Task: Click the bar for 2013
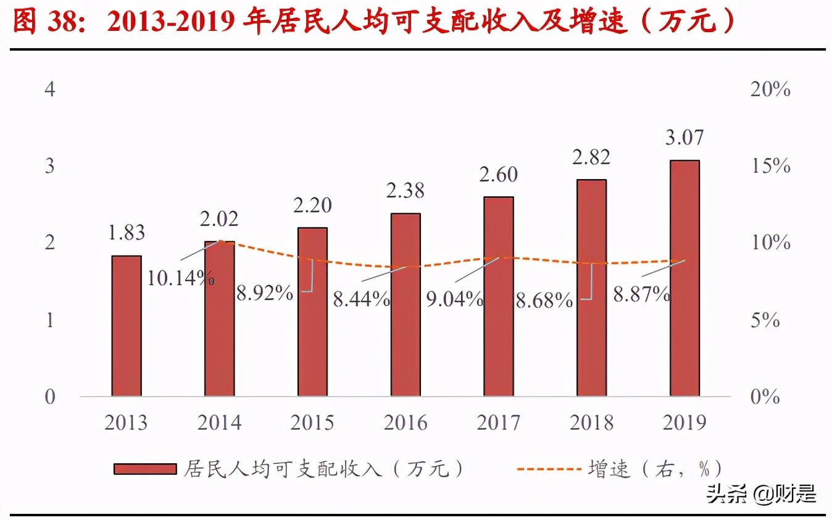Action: pos(127,325)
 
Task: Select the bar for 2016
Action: pos(406,304)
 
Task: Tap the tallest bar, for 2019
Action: pos(684,278)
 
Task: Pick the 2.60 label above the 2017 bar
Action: pos(499,175)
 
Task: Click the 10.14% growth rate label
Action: pos(180,278)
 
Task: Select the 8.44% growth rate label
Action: pos(361,300)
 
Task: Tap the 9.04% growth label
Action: pos(454,300)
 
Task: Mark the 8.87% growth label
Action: pos(641,295)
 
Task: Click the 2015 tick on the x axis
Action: pos(312,423)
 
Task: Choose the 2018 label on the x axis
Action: pos(591,423)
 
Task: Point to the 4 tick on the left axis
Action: pos(50,90)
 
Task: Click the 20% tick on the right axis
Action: pos(770,90)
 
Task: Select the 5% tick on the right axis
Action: pos(765,320)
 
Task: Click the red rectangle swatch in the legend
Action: pos(144,469)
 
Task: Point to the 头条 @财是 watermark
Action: pos(762,494)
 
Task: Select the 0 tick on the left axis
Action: pos(50,397)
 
